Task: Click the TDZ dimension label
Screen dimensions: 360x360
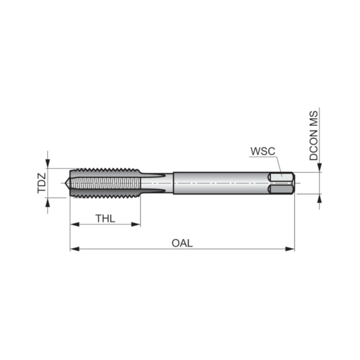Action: (42, 183)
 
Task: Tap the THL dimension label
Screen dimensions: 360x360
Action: (105, 218)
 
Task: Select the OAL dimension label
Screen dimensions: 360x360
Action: (182, 243)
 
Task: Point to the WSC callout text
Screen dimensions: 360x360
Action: (263, 151)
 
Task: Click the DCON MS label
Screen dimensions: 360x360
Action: (314, 135)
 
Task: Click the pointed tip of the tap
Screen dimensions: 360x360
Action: (65, 183)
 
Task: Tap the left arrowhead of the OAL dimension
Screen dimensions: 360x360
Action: (75, 249)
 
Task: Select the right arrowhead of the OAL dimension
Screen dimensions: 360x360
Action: (290, 249)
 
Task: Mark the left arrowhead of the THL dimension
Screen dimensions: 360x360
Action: (75, 224)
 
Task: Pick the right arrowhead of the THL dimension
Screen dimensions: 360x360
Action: (136, 224)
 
